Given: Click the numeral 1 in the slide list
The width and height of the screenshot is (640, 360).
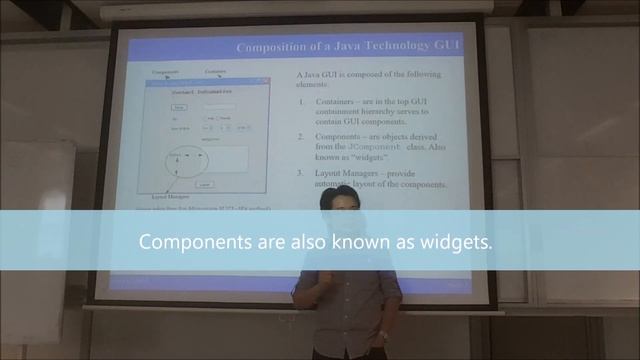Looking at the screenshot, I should click(302, 102).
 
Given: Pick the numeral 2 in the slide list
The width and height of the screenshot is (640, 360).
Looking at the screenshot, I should click(302, 137).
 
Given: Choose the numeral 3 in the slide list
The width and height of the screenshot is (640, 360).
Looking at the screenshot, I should click(302, 173).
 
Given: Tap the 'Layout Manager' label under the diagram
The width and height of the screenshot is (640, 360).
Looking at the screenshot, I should click(156, 197).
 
